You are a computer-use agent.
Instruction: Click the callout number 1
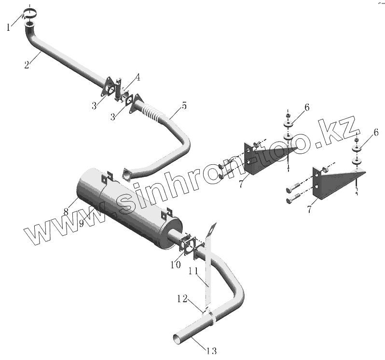click(x=9, y=27)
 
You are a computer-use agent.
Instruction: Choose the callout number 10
click(x=176, y=265)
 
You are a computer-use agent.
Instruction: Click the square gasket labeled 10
click(x=187, y=244)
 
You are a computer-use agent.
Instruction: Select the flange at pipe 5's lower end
click(x=127, y=175)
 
